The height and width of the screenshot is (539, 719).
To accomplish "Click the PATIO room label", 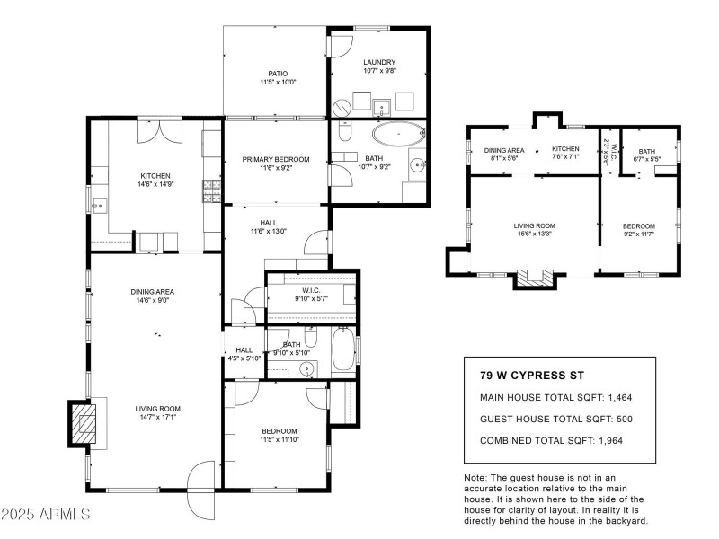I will [276, 74].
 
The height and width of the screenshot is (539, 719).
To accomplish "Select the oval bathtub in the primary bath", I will [398, 136].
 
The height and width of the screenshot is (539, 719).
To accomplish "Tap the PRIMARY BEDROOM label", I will [276, 160].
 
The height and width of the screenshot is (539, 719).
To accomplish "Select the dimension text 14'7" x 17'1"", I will [158, 417].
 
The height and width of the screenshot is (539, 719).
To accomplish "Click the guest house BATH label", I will [646, 151].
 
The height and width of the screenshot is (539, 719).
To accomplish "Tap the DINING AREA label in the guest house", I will [503, 150].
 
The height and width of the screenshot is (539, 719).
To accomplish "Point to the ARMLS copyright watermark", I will [45, 515].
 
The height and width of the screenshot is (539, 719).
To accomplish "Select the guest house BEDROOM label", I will [639, 225].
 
